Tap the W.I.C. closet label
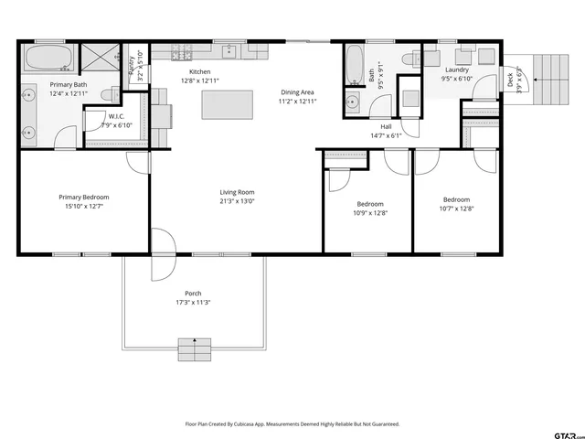tap(116, 116)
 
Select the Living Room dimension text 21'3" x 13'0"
tap(237, 201)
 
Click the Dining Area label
tap(297, 92)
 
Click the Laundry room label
tap(457, 70)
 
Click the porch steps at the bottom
tap(193, 349)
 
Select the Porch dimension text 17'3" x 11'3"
tap(193, 303)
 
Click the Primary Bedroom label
tap(84, 198)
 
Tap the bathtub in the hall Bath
tap(356, 65)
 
